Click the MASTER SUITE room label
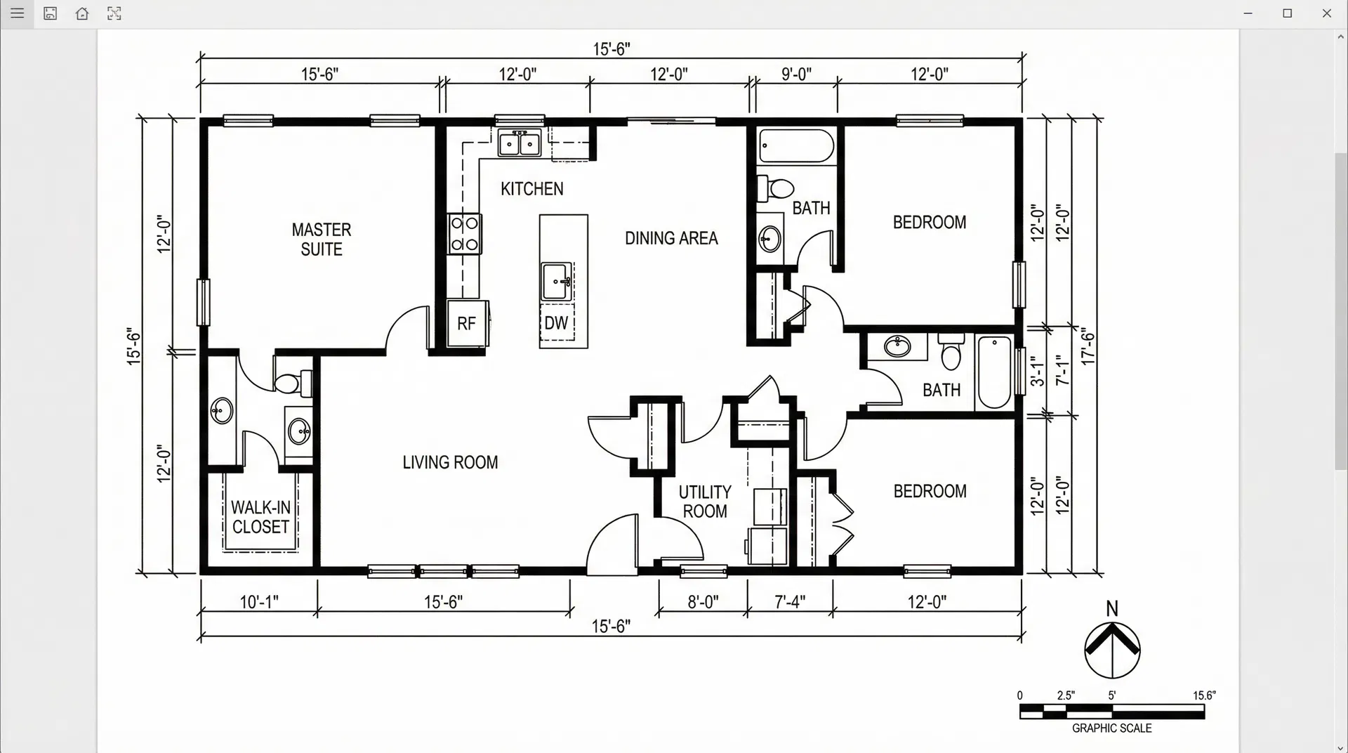(321, 240)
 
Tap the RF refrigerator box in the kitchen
(467, 323)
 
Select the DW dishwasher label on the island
(556, 323)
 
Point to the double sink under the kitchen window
(519, 144)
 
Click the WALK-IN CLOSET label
(260, 517)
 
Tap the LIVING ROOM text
(450, 462)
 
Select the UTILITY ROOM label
(705, 502)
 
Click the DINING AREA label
(671, 238)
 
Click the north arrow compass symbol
(1112, 650)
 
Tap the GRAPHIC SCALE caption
(1111, 728)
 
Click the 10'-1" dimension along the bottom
(259, 602)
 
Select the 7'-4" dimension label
(790, 602)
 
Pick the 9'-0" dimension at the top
(796, 74)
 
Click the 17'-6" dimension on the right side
(1088, 346)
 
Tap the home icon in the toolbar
(82, 13)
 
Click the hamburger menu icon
(18, 13)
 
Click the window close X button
(1326, 13)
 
